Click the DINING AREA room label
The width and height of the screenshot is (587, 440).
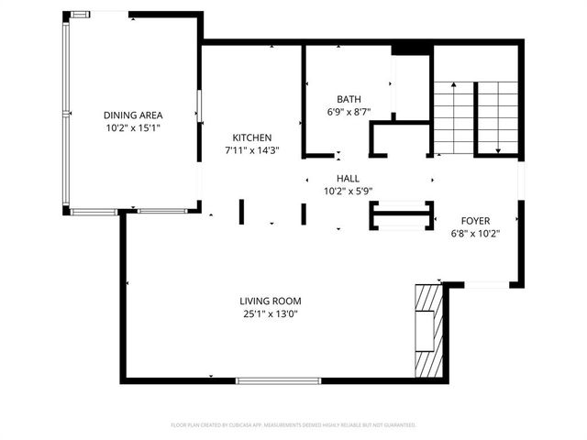point(133,115)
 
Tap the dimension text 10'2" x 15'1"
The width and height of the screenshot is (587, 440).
point(133,128)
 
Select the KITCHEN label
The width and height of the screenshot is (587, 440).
point(251,137)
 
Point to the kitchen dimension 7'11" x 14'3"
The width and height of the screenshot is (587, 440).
point(251,150)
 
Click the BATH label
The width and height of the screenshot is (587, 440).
point(349,99)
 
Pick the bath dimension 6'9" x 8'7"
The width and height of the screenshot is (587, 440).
point(349,112)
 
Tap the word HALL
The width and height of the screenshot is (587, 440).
point(348,179)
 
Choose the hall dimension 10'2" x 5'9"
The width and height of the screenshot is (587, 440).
point(348,192)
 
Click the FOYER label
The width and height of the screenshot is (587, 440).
point(475,221)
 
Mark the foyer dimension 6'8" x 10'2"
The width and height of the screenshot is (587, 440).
point(475,234)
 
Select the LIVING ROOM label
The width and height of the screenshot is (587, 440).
point(271,301)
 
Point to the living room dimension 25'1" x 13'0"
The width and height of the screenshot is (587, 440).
point(271,314)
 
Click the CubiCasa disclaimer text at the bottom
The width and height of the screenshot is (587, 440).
point(293,425)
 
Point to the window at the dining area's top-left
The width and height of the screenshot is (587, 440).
point(81,14)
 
